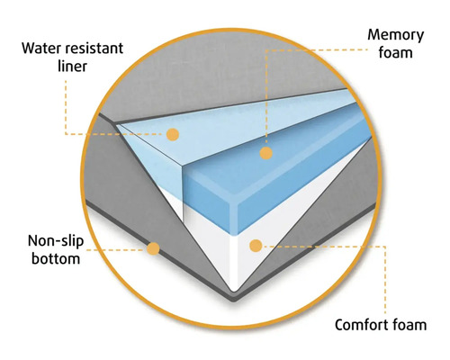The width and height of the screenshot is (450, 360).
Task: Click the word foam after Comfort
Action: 410,323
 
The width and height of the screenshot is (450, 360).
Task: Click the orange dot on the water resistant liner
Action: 173,134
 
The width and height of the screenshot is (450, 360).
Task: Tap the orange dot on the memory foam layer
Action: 265,153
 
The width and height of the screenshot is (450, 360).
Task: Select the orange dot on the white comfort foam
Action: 256,245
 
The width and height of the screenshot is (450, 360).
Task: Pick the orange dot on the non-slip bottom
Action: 154,247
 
